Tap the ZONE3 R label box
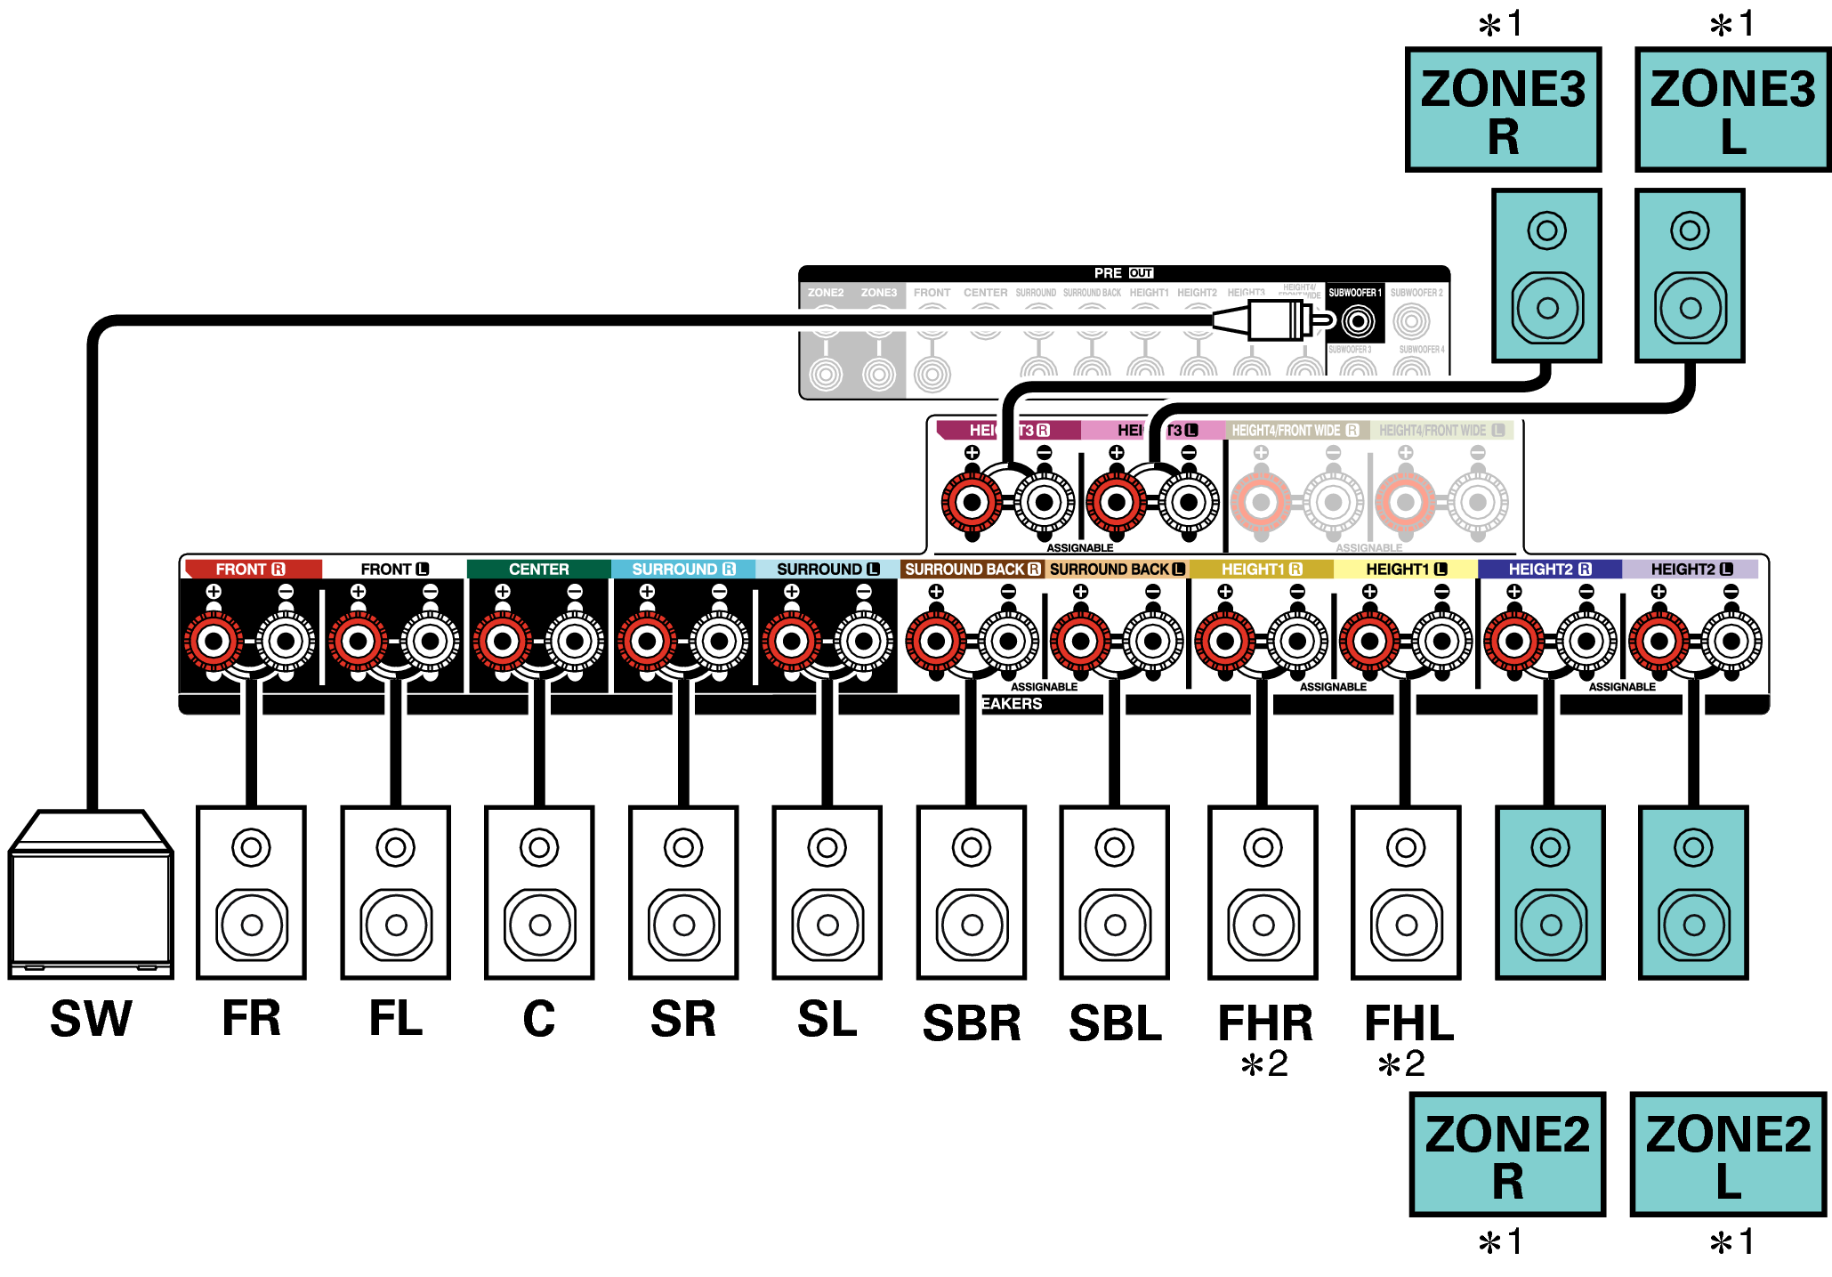click(1503, 110)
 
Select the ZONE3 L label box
click(1732, 110)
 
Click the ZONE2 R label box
click(1507, 1154)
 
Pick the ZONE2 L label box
click(1728, 1154)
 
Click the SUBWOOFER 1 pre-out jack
click(1358, 320)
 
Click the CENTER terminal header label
click(538, 569)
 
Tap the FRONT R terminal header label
click(249, 569)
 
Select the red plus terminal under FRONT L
click(358, 641)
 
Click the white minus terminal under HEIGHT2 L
click(1731, 641)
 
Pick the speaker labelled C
click(539, 893)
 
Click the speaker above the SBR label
click(972, 893)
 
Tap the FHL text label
click(1408, 1022)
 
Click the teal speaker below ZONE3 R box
click(1546, 275)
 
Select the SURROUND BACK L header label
click(1116, 569)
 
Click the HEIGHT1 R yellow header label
click(1261, 569)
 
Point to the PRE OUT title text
click(1123, 273)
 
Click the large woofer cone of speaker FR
click(252, 925)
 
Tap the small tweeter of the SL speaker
click(827, 847)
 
